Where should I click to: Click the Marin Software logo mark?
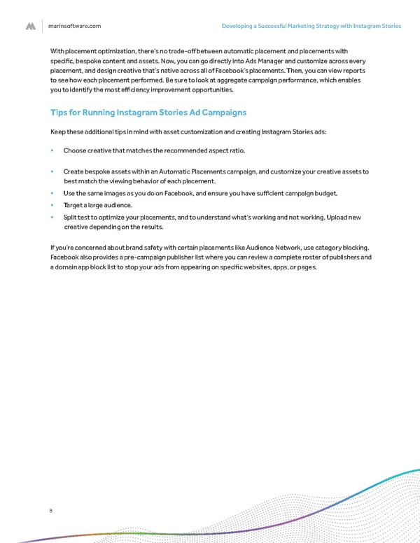[x=31, y=26]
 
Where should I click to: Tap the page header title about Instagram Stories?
[x=311, y=26]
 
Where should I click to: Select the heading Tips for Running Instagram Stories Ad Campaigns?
[x=148, y=112]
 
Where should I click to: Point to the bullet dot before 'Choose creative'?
[x=52, y=150]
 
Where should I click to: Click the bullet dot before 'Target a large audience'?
[x=52, y=205]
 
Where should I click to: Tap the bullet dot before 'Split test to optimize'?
[x=52, y=218]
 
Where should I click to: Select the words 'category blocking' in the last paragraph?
[x=344, y=247]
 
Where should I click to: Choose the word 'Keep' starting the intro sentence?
[x=59, y=132]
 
